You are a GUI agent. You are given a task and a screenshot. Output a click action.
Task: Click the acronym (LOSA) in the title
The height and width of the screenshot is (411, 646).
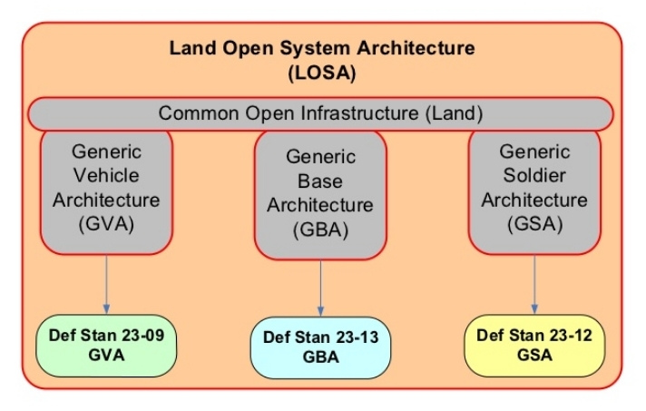(x=322, y=73)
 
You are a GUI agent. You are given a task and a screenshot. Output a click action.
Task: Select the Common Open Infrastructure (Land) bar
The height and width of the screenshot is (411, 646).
(x=320, y=114)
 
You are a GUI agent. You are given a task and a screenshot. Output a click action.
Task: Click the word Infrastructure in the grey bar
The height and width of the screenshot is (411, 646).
(x=359, y=113)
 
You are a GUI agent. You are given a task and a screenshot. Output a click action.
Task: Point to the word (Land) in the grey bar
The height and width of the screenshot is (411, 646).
(x=454, y=113)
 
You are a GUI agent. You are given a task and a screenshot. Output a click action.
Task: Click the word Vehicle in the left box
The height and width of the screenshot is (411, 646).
(x=106, y=175)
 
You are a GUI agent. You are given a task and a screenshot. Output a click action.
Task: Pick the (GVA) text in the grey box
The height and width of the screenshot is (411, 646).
(x=106, y=224)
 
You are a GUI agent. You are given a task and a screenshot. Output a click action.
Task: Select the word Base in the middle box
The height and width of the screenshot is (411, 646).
(x=320, y=181)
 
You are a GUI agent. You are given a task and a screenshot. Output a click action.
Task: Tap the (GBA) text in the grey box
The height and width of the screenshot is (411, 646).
(x=320, y=230)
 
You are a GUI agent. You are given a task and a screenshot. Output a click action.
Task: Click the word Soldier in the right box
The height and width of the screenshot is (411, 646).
(x=534, y=175)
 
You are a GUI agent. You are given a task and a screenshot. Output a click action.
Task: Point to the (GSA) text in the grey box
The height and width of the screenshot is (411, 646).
(x=534, y=224)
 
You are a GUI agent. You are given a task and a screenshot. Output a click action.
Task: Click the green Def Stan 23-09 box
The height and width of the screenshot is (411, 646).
(x=106, y=346)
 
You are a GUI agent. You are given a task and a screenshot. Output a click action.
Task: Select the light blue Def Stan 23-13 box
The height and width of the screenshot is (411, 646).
(x=320, y=347)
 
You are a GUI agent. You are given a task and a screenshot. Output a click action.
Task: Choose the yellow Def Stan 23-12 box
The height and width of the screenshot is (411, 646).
(x=534, y=346)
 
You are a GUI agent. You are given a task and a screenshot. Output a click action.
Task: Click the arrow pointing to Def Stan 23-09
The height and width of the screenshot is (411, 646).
(x=106, y=284)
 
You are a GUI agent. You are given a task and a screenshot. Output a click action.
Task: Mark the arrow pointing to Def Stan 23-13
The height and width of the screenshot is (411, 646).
(x=320, y=288)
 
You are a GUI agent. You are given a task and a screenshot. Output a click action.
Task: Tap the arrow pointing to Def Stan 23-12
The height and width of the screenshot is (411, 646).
(x=534, y=284)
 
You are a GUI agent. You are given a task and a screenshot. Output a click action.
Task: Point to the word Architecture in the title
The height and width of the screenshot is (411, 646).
(x=416, y=48)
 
